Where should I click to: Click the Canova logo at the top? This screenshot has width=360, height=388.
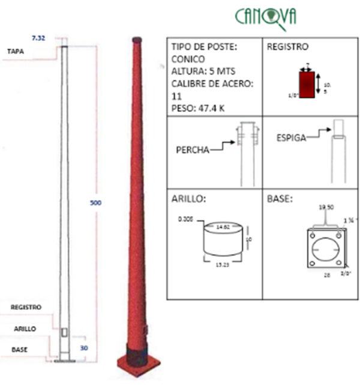pos(265,15)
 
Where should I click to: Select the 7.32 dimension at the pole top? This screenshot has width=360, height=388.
pos(38,37)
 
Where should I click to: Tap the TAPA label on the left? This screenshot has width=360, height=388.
pos(16,51)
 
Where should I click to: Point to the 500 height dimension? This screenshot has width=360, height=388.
pos(95,202)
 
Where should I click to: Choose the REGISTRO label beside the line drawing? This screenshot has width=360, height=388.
pos(26,307)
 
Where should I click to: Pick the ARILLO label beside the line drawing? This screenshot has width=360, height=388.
pos(25,329)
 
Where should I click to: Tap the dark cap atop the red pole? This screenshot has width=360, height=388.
pos(137,40)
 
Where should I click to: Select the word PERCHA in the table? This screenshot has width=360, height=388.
pos(193,150)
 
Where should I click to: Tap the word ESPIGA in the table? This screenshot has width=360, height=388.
pos(292,138)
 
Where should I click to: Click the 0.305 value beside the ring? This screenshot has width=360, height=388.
pos(187,220)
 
